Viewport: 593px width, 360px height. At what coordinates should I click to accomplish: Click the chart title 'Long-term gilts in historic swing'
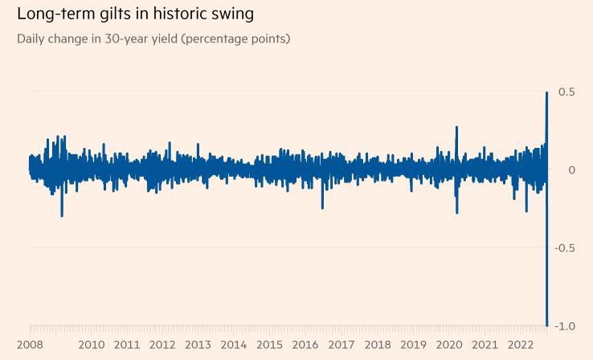[x=135, y=14]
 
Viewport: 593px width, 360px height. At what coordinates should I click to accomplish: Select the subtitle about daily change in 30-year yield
[x=153, y=39]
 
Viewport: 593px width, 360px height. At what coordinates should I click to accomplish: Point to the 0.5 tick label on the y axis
[x=566, y=92]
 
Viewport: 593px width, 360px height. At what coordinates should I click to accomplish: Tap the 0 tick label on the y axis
[x=571, y=170]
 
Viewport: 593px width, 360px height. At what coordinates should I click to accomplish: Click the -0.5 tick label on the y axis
[x=564, y=248]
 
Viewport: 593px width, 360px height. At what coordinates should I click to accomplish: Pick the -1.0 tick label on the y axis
[x=564, y=326]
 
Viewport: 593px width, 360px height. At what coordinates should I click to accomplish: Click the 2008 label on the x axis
[x=30, y=345]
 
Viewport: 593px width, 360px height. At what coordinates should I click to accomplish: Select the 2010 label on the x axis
[x=92, y=345]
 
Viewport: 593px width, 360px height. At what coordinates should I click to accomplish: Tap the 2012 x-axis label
[x=162, y=345]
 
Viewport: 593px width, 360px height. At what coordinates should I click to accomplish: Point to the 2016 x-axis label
[x=305, y=345]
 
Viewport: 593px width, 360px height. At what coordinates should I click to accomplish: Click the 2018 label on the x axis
[x=378, y=345]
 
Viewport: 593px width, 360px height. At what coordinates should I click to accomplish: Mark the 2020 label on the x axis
[x=449, y=345]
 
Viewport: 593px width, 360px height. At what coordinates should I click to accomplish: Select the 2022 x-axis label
[x=521, y=345]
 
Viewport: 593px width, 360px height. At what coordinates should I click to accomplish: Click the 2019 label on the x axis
[x=413, y=345]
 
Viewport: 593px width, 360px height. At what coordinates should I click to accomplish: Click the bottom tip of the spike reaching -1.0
[x=547, y=325]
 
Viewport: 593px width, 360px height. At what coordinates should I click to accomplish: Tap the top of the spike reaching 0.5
[x=547, y=92]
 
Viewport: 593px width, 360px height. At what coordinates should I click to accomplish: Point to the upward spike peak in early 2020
[x=456, y=127]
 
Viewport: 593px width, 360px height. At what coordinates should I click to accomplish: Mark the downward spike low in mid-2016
[x=322, y=208]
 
